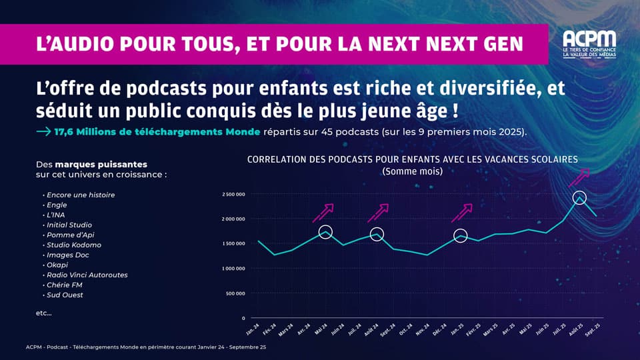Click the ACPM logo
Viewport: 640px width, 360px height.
589,44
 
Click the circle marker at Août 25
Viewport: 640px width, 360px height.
580,198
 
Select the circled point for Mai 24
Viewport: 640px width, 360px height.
325,232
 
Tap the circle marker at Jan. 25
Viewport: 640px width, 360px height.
460,235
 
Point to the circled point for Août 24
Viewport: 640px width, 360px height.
377,235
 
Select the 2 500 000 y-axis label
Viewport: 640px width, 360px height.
233,195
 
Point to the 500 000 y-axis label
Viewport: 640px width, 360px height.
235,293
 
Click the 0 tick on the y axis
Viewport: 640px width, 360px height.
243,318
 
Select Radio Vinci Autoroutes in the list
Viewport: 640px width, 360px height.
87,275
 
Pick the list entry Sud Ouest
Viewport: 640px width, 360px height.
65,295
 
